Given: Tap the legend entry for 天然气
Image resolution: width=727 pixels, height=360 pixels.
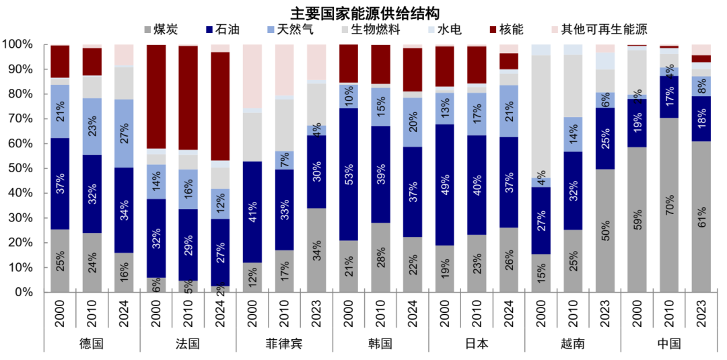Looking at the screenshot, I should pos(293,29).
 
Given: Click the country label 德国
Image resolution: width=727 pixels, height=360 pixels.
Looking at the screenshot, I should pos(92,343).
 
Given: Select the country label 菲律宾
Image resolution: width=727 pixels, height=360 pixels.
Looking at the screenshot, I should pos(284,343).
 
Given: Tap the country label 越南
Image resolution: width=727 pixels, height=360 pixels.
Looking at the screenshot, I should pos(572,343).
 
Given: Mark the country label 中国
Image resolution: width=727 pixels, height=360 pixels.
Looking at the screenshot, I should pos(668,343).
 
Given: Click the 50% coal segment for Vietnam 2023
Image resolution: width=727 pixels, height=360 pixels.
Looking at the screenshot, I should pos(604,230).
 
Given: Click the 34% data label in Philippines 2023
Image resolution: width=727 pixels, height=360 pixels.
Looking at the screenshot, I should pos(316,250).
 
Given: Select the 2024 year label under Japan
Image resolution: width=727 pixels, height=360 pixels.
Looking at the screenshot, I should pos(510,313).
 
